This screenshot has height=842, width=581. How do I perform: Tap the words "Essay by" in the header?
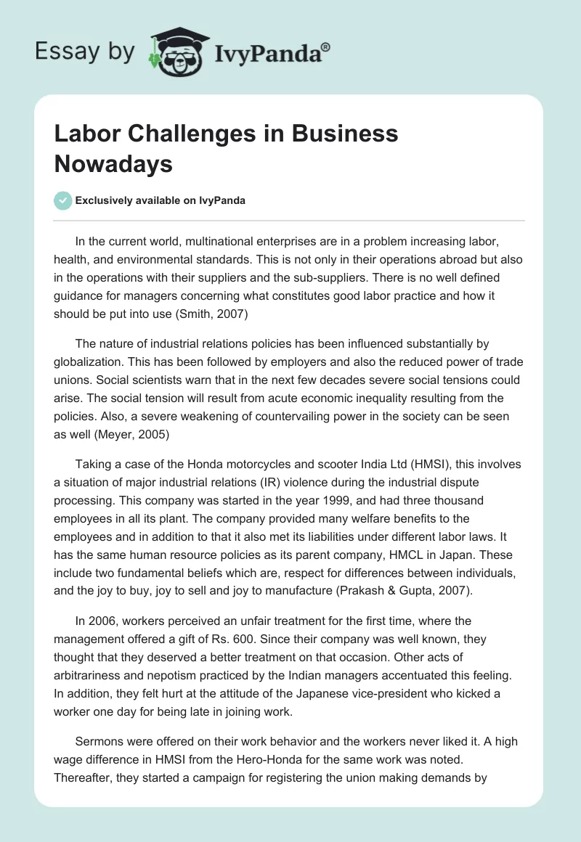coord(84,52)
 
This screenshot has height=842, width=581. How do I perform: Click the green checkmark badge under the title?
coord(62,200)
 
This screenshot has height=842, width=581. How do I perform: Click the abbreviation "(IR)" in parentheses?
coord(295,483)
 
